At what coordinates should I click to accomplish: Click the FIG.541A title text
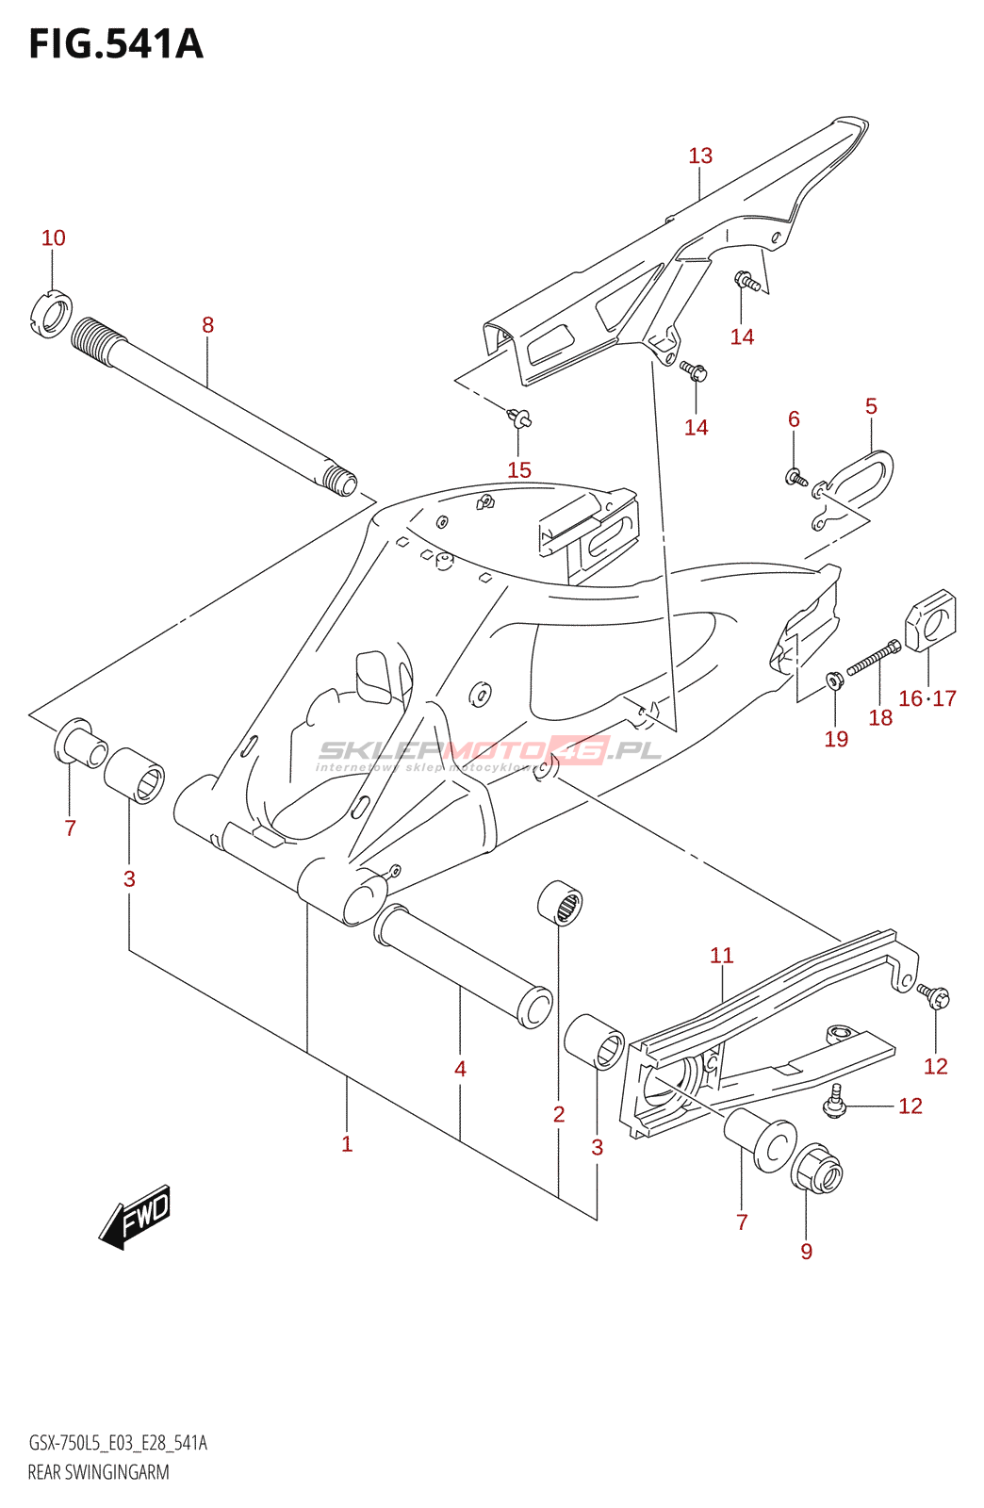[116, 44]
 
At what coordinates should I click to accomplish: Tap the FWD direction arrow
[136, 1217]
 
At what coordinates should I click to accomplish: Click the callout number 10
[54, 238]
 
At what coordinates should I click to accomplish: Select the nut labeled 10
[51, 313]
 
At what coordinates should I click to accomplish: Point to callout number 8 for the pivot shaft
[207, 325]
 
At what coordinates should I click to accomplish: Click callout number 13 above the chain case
[700, 156]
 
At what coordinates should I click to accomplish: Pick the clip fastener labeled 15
[518, 418]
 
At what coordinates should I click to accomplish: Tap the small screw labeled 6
[795, 478]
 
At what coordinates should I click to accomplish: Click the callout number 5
[871, 406]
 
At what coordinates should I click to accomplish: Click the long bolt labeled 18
[873, 657]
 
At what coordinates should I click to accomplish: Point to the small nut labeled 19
[834, 680]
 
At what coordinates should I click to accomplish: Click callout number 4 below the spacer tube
[460, 1069]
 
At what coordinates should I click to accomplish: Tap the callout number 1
[347, 1144]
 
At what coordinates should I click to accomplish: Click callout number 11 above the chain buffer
[721, 956]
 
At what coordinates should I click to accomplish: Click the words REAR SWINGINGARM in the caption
[99, 1472]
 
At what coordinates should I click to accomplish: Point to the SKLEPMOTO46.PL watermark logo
[490, 751]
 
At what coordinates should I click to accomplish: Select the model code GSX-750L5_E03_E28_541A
[118, 1443]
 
